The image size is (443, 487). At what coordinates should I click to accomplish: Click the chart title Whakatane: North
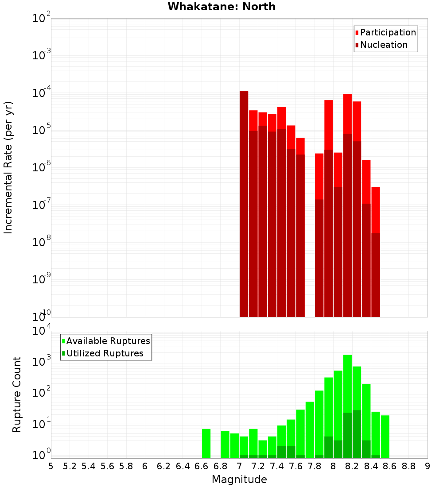[x=221, y=7]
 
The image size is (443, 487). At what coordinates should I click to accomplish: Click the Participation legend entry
[x=388, y=32]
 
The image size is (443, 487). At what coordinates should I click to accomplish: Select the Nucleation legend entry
[x=384, y=45]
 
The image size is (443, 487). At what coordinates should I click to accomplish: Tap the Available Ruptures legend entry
[x=108, y=341]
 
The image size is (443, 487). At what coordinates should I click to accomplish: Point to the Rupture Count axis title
[x=17, y=394]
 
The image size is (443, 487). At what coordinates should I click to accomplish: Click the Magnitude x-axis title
[x=239, y=479]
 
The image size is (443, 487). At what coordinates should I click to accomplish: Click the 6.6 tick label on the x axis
[x=202, y=466]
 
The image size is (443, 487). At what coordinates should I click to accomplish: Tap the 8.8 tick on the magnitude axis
[x=409, y=466]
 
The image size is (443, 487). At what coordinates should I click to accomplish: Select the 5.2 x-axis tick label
[x=70, y=466]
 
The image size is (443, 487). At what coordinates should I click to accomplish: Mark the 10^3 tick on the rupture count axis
[x=42, y=362]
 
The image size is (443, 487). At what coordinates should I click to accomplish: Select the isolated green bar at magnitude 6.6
[x=206, y=443]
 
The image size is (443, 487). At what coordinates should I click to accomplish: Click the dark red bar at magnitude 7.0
[x=244, y=204]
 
